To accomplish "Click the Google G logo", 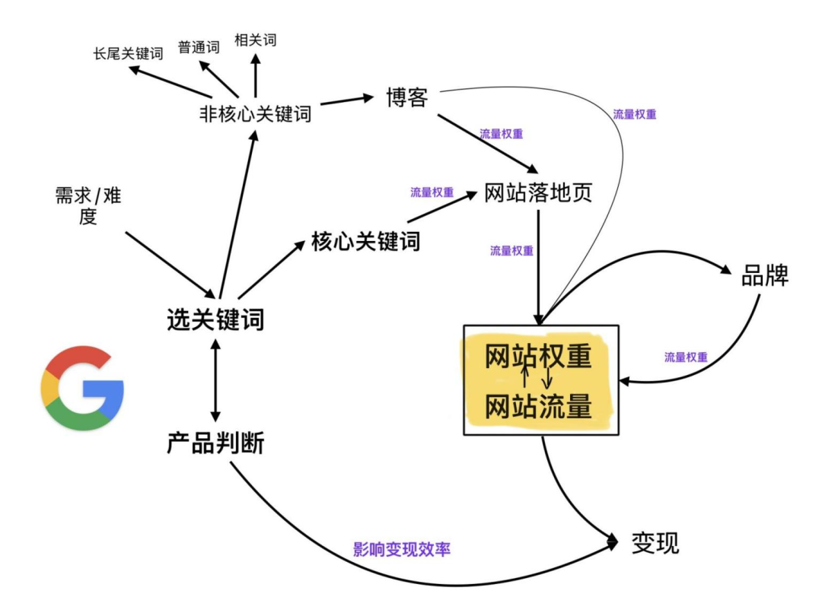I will pos(82,388).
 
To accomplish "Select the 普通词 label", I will pos(199,47).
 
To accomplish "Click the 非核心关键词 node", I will pos(255,114).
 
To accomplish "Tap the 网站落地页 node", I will pos(538,193).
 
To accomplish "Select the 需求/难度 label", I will pos(88,207).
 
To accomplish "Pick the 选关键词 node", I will pos(215,319).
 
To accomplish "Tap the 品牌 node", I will pos(765,276).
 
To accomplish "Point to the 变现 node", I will pos(655,543).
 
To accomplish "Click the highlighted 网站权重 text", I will pos(538,357).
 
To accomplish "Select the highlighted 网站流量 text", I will pos(538,407).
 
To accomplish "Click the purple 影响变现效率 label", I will pos(402,548).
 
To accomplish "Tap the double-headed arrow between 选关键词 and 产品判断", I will pos(215,380).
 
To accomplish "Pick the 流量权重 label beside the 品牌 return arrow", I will pos(686,357).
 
